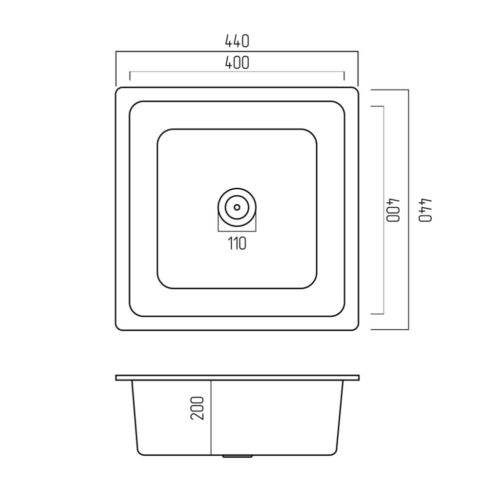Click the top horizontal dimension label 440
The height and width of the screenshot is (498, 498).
pyautogui.click(x=237, y=41)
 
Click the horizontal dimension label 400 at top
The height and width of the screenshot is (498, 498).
pyautogui.click(x=237, y=63)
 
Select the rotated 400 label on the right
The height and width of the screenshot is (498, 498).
pyautogui.click(x=393, y=210)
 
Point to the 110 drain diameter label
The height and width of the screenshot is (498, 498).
pyautogui.click(x=237, y=244)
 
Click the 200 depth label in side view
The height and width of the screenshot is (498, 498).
pyautogui.click(x=197, y=408)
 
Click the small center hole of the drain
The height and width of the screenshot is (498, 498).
pyautogui.click(x=237, y=207)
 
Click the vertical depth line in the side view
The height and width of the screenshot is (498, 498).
pyautogui.click(x=211, y=418)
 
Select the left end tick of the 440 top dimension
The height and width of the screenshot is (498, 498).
pyautogui.click(x=116, y=68)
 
